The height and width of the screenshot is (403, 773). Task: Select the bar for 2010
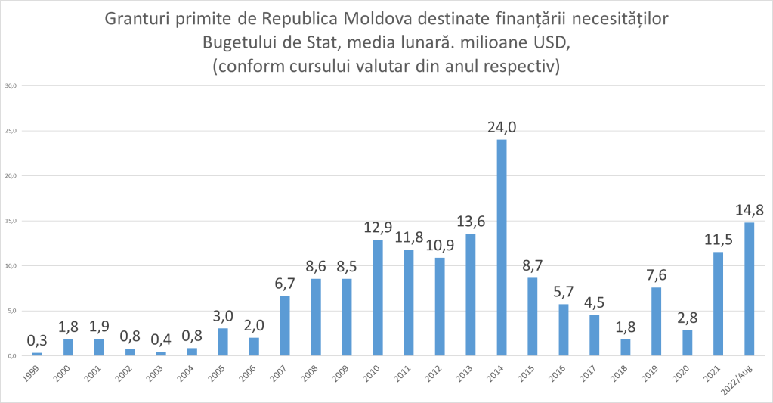coord(378,297)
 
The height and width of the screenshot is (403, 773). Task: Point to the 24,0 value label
coord(502,126)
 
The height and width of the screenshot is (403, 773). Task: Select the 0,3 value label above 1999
coord(37,340)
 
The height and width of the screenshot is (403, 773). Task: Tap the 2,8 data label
coord(687,318)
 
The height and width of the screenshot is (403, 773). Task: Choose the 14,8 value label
coord(749,209)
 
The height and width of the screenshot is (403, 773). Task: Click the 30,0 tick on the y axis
coord(11,85)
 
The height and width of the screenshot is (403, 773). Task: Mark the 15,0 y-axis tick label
coord(11,221)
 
